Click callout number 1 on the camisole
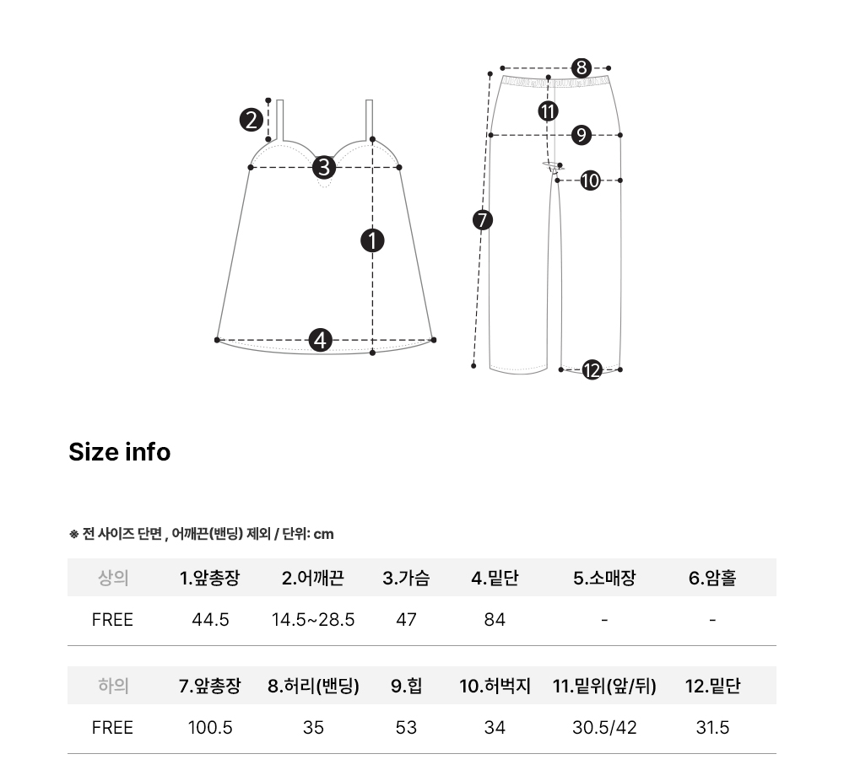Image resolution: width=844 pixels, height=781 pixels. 372,240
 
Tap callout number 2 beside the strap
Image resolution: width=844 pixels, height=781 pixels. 252,120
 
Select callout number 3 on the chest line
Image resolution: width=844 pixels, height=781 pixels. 324,167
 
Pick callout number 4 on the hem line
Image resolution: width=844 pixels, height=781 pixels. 320,341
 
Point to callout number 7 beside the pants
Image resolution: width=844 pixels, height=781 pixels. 482,219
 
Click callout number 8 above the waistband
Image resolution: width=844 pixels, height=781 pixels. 582,67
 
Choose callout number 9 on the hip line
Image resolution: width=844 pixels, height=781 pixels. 582,134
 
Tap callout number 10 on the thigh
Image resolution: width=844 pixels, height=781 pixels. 591,180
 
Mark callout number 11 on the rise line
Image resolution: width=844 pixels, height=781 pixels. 548,111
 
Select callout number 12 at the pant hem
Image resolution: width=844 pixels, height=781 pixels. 592,370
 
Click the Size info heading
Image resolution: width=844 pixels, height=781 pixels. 120,452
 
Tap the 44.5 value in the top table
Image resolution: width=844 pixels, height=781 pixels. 210,620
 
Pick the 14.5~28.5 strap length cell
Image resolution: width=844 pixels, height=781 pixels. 313,620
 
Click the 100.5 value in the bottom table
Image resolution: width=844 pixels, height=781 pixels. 210,728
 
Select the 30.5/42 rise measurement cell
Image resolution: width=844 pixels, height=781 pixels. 604,728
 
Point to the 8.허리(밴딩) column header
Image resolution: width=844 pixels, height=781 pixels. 313,686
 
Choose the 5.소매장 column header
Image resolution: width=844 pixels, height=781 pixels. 604,578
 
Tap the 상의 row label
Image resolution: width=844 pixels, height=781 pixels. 113,578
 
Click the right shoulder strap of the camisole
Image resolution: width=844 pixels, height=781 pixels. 370,120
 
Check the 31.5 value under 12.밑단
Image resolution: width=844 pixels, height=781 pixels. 712,728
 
